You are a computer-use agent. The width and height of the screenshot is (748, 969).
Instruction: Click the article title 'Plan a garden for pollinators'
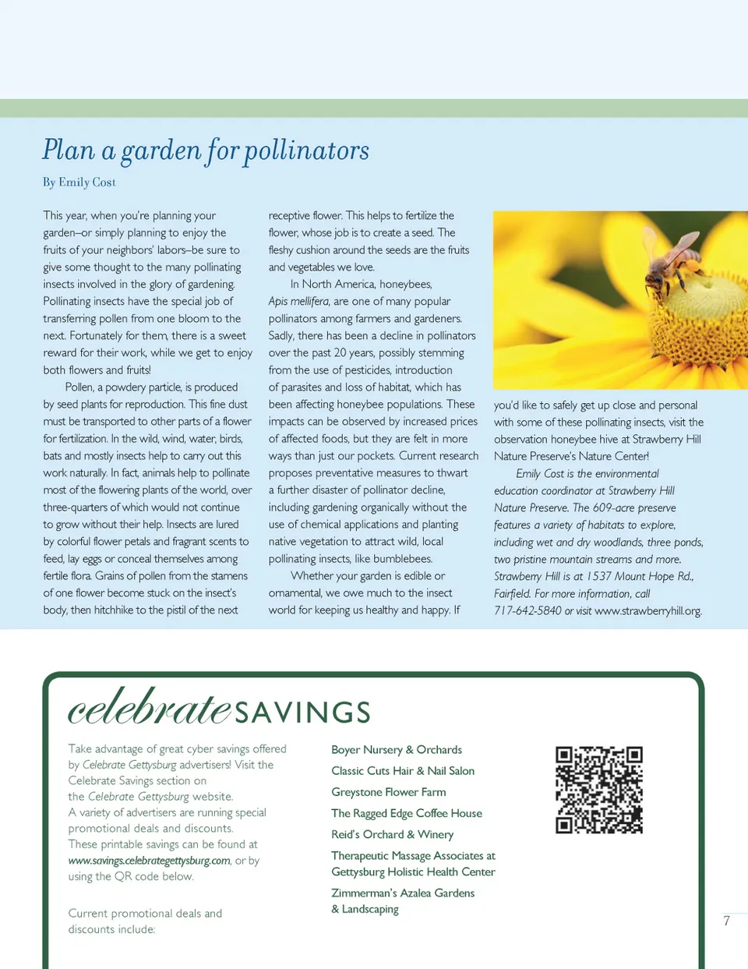click(206, 150)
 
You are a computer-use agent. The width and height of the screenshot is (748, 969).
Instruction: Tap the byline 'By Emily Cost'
click(79, 182)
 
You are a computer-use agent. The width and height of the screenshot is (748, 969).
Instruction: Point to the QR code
click(598, 790)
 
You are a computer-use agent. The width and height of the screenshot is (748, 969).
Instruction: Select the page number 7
click(727, 921)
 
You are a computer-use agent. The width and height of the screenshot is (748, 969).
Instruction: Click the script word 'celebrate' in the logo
click(150, 708)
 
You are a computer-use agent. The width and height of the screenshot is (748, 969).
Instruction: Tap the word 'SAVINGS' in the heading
click(302, 713)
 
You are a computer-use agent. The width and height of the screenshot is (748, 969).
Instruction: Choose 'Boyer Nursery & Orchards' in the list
click(397, 750)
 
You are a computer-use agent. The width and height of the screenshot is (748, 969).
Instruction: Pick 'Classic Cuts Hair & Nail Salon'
click(403, 771)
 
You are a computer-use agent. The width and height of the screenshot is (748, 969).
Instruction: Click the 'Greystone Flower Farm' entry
click(389, 792)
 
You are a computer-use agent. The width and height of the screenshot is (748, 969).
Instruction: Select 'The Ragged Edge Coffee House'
click(407, 813)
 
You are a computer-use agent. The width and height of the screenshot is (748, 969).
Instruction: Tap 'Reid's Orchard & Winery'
click(392, 834)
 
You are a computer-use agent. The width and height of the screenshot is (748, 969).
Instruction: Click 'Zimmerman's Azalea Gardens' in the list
click(403, 893)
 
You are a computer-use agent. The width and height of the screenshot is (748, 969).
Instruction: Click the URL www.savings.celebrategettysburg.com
click(149, 861)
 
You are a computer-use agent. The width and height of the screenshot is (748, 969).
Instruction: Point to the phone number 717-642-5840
click(527, 611)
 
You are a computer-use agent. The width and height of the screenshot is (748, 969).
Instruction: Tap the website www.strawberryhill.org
click(647, 611)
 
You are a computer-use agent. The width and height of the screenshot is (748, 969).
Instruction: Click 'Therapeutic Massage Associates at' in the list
click(413, 856)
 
